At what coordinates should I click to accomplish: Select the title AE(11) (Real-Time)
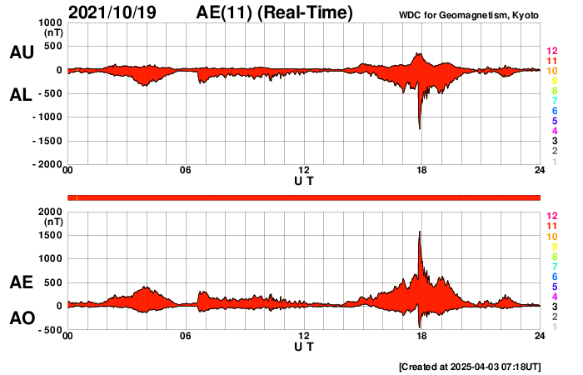(x=274, y=12)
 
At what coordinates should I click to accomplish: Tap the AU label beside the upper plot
(x=21, y=52)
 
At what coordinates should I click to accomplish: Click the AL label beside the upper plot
(x=21, y=95)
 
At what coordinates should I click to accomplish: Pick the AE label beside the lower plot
(x=21, y=283)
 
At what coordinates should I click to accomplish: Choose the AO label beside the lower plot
(x=21, y=318)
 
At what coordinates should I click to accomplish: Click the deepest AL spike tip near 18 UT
(x=419, y=128)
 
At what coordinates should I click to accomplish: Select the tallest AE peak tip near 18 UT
(x=420, y=232)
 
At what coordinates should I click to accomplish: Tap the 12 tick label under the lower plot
(x=304, y=336)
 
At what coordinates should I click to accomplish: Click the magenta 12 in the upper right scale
(x=551, y=51)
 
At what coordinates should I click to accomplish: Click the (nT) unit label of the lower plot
(x=52, y=222)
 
